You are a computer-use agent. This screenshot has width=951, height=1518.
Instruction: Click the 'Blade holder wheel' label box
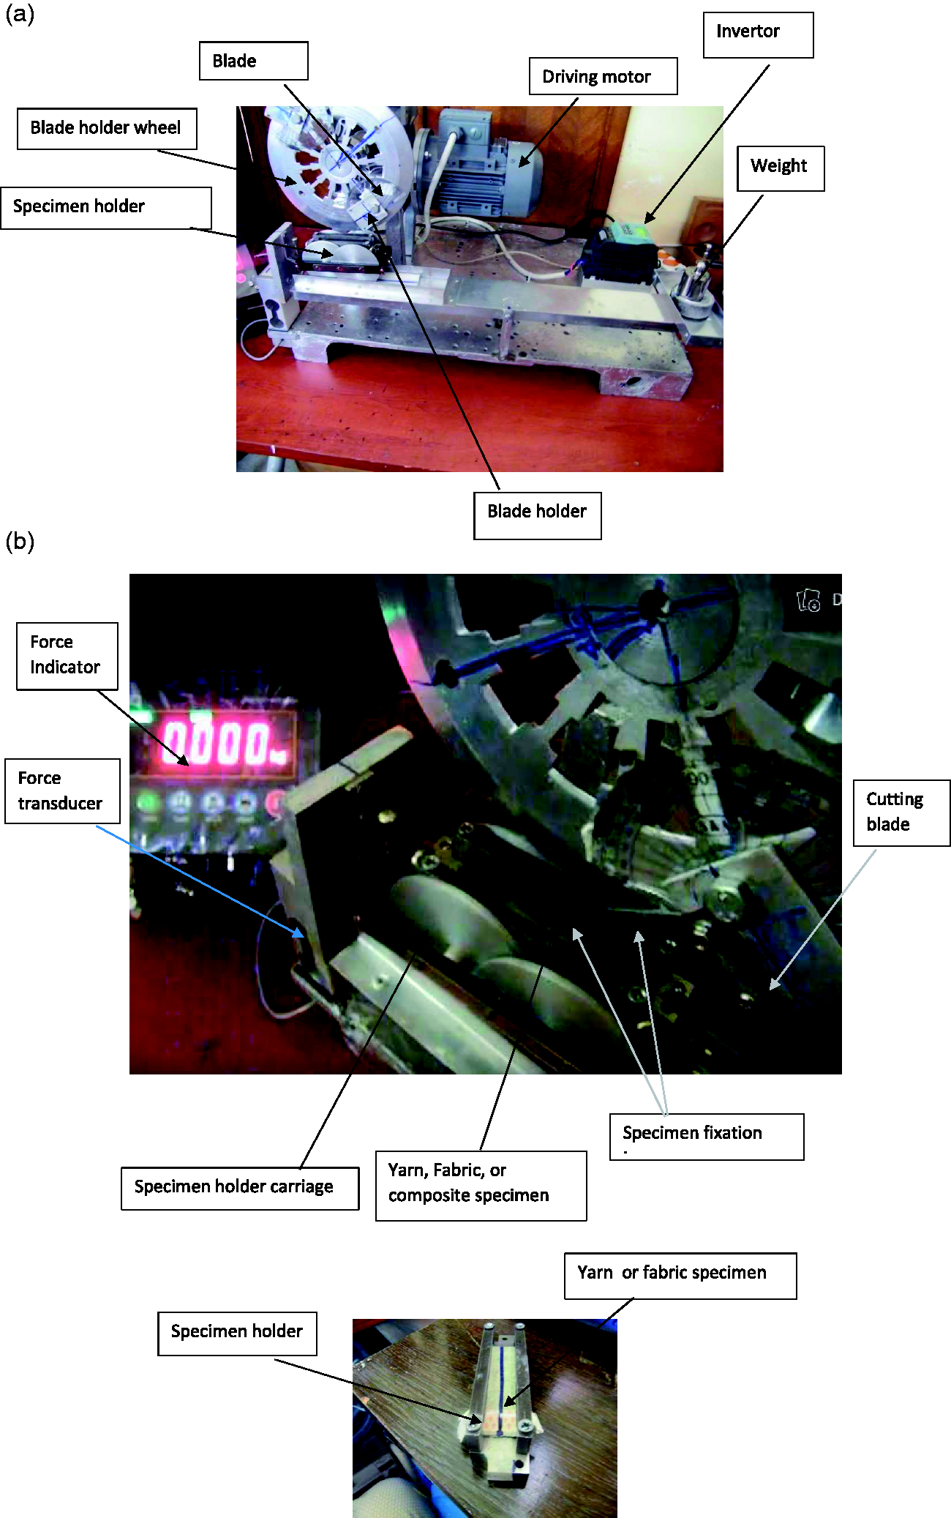[x=107, y=129]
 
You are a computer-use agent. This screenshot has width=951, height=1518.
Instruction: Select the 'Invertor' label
[x=758, y=34]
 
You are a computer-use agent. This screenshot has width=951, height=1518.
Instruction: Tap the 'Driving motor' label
[x=603, y=76]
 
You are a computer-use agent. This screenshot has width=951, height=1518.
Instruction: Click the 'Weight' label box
[x=780, y=168]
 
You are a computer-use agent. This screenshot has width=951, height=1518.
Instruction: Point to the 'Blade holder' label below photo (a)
[x=537, y=515]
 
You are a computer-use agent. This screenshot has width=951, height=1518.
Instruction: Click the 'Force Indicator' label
[x=67, y=656]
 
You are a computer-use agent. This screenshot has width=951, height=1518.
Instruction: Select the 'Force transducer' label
[x=62, y=791]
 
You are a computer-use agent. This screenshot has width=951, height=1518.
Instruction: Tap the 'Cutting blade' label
[x=901, y=812]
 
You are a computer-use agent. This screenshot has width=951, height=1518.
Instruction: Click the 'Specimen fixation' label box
[x=707, y=1137]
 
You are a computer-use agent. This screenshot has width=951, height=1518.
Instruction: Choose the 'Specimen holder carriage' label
[x=240, y=1189]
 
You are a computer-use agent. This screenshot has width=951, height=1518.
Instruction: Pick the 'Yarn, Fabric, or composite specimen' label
[x=481, y=1186]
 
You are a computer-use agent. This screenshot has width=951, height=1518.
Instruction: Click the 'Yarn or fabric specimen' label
[x=680, y=1276]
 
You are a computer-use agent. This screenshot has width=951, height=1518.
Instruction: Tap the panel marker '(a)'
[x=20, y=15]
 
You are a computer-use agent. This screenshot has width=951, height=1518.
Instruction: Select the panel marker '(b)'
[x=20, y=542]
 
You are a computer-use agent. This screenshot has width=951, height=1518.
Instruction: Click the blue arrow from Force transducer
[x=200, y=881]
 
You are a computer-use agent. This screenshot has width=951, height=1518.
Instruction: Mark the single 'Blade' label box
[x=253, y=61]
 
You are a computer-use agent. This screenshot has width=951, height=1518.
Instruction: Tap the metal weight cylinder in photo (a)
[x=692, y=292]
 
